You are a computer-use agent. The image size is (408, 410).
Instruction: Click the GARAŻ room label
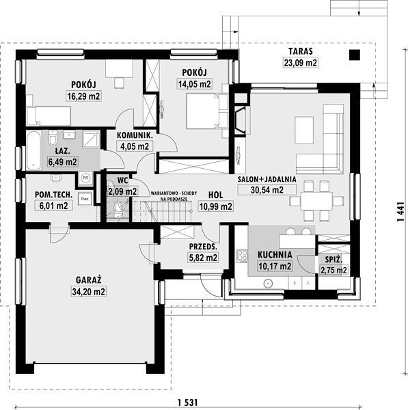pos(88,279)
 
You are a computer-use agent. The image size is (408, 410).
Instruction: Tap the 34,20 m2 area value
pos(89,291)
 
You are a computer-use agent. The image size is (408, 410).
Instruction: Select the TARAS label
pos(301,51)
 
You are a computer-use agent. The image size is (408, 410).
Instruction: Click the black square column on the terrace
pos(355,55)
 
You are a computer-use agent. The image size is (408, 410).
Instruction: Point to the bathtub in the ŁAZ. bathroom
pos(33,150)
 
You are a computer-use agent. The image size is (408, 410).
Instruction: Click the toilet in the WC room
pos(118,209)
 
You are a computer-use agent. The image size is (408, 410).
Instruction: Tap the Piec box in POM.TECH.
pos(85,199)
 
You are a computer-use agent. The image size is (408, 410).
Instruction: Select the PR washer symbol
pos(85,178)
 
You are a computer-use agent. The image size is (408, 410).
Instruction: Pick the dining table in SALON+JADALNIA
pos(316,201)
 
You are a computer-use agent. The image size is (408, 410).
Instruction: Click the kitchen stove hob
pos(242,256)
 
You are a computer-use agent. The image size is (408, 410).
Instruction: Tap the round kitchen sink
pos(268,283)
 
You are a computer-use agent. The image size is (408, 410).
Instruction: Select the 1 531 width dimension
pos(187,402)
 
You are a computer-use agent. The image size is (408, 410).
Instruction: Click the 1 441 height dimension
pos(400,212)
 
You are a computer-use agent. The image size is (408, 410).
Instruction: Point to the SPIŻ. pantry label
pos(334,260)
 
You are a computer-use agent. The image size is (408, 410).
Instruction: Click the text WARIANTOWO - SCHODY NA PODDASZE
pos(174,196)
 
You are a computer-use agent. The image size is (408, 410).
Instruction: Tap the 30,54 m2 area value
pos(267,190)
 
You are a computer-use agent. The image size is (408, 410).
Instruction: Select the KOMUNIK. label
pos(135,135)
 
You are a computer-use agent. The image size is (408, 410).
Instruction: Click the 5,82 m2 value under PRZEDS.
pos(203,258)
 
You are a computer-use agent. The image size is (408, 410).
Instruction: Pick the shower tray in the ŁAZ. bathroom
pos(91,139)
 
